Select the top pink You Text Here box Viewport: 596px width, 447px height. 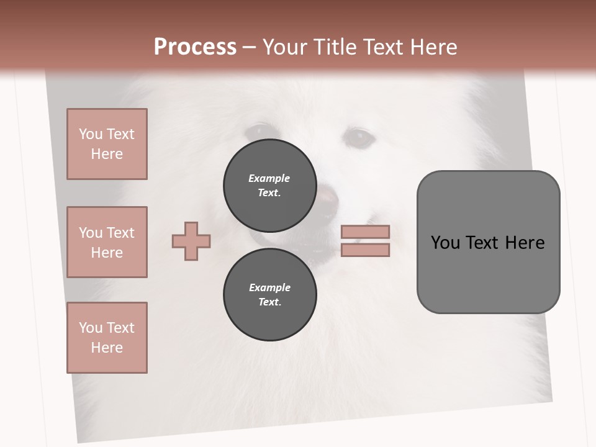tap(107, 144)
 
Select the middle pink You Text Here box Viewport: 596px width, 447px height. tap(107, 242)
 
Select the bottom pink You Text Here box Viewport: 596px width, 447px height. tap(107, 338)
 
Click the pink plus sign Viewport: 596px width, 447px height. tap(191, 241)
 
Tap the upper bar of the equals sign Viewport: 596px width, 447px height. tap(365, 232)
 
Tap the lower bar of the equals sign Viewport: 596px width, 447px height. tap(365, 250)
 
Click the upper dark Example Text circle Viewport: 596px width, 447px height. tap(270, 185)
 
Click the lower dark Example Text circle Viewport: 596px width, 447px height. tap(270, 294)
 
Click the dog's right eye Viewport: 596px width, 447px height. tap(358, 138)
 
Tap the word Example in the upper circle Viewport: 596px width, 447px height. tap(269, 178)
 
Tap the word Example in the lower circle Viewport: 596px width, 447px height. tap(269, 287)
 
